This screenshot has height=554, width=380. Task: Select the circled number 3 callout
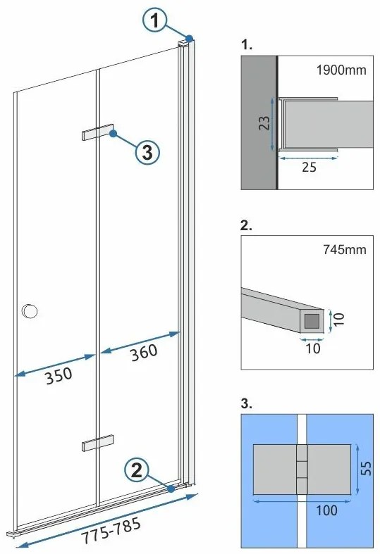coord(147,151)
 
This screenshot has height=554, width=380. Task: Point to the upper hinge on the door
coord(97,133)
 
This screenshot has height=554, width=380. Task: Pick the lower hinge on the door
coord(97,442)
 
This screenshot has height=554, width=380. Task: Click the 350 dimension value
coord(59,374)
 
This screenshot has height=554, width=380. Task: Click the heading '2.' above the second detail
coord(247,227)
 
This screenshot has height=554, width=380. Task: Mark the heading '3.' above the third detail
coord(247,404)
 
